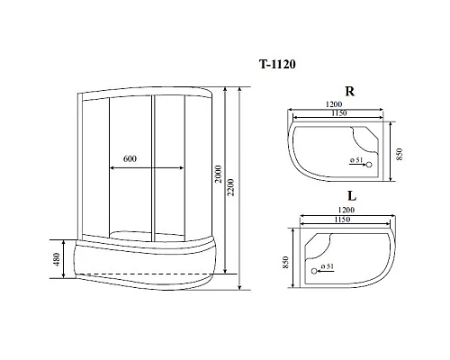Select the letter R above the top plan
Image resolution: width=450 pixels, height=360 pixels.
point(348,91)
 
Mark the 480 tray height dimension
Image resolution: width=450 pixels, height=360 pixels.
point(55,261)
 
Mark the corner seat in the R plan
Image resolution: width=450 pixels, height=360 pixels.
point(372,135)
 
